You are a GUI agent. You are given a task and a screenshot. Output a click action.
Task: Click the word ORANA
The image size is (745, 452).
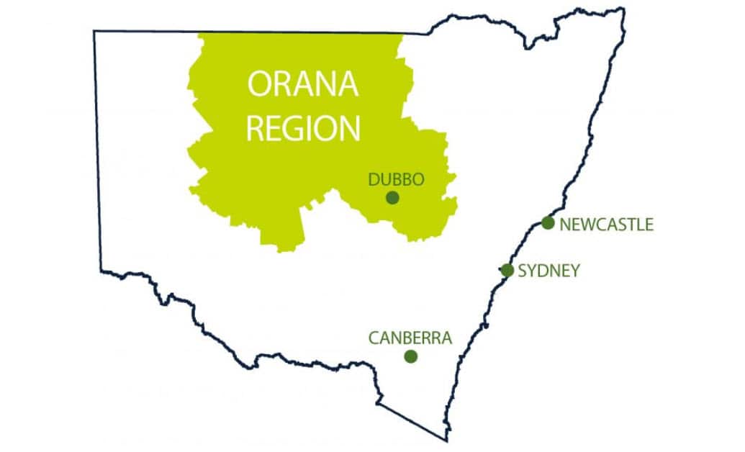pos(303,84)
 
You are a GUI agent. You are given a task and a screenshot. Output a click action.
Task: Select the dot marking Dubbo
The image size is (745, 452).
pos(392,197)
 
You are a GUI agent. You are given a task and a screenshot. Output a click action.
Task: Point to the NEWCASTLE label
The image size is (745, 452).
pos(606,225)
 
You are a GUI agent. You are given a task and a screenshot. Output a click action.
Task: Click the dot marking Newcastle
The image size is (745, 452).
pos(548,223)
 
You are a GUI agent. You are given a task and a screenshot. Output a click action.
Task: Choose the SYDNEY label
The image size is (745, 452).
pos(548,271)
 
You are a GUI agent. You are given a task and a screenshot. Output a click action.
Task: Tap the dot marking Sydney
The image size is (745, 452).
pos(507,271)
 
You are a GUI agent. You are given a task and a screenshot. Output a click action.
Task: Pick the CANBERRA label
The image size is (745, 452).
pos(410,338)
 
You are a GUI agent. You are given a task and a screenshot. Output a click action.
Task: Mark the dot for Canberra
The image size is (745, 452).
pos(411,356)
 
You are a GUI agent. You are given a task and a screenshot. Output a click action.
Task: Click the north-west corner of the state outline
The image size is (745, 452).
pos(95,31)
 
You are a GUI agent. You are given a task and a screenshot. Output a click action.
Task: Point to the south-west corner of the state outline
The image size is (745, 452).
pos(101,271)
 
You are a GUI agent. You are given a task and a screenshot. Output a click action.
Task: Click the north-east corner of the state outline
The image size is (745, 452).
pos(623,9)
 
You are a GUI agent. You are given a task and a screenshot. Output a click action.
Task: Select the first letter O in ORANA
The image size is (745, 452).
pos(261,84)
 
